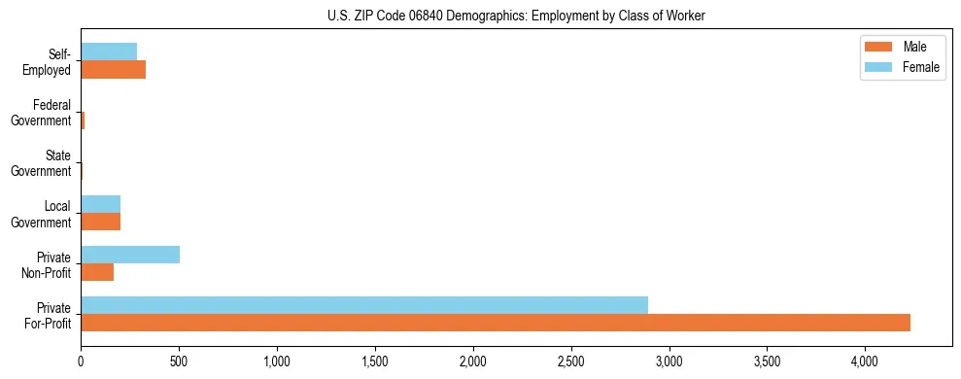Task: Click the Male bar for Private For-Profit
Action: pos(496,323)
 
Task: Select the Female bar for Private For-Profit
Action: pos(364,305)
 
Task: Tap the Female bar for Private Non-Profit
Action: pos(130,255)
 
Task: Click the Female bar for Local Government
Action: pos(101,204)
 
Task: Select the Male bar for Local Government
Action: pos(101,222)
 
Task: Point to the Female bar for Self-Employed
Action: pos(109,52)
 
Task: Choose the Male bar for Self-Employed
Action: pos(114,69)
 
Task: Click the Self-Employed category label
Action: pos(49,61)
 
